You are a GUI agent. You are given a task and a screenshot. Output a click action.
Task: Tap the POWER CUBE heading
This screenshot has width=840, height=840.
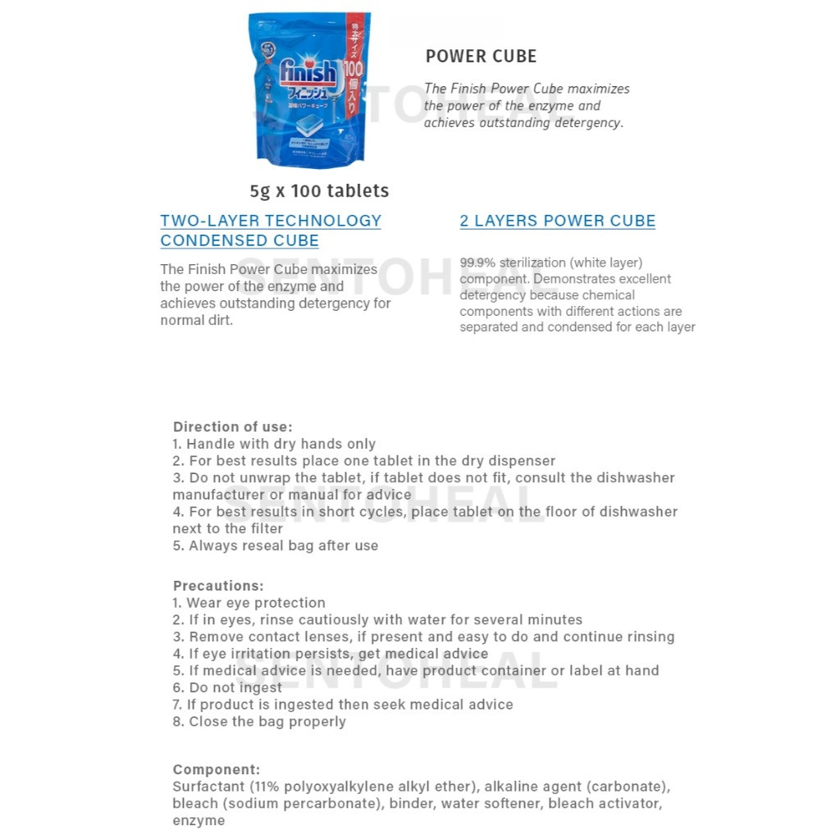(x=481, y=57)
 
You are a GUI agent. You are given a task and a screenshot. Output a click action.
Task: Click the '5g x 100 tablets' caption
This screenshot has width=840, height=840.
(x=319, y=191)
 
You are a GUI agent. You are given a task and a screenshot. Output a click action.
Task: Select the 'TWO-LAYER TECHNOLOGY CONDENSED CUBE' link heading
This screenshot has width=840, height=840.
(x=271, y=231)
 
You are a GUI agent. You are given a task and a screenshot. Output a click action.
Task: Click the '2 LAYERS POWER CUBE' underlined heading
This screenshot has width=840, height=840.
(x=557, y=221)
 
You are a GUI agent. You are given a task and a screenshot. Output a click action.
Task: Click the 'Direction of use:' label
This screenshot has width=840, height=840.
(x=232, y=427)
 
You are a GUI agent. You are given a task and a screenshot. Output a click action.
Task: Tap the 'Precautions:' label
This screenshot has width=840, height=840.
(x=218, y=586)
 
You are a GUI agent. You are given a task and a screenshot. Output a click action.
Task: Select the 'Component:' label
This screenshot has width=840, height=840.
(x=216, y=769)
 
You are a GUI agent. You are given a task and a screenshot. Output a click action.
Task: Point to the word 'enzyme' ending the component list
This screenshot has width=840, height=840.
(x=198, y=820)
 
